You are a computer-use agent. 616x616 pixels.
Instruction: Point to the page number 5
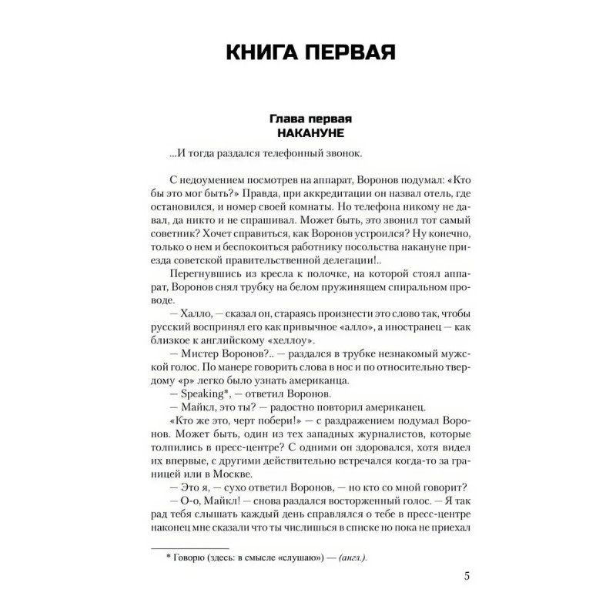(469, 577)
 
